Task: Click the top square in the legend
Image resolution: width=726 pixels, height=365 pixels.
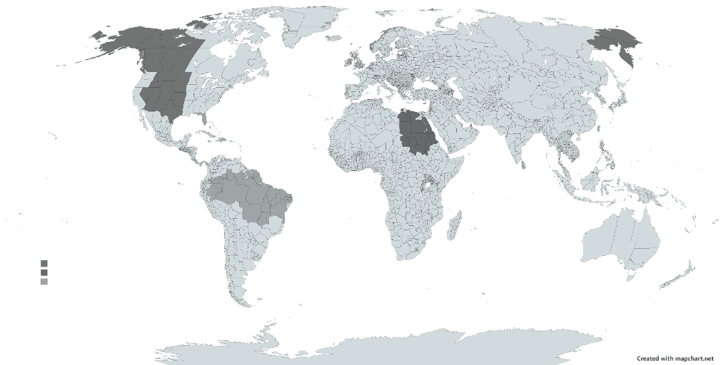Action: [44, 264]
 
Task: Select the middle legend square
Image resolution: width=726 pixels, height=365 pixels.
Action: [44, 272]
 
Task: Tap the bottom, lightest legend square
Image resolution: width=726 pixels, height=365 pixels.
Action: [44, 282]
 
